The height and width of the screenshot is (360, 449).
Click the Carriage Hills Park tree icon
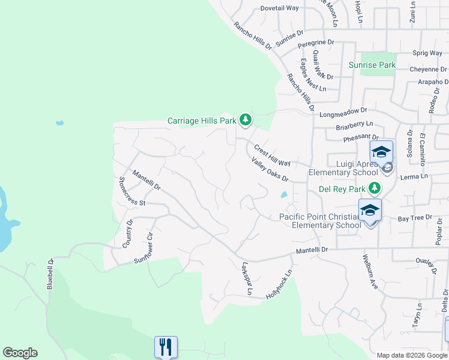tap(245, 121)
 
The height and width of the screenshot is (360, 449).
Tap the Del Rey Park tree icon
tap(374, 188)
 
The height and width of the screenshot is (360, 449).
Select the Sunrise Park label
tap(373, 65)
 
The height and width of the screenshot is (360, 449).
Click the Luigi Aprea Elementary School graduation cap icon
tap(381, 152)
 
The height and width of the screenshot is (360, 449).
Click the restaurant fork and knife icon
tap(166, 347)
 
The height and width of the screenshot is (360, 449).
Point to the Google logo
tap(20, 353)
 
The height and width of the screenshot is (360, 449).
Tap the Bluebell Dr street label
tap(50, 274)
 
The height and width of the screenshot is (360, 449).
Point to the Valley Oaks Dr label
tap(270, 170)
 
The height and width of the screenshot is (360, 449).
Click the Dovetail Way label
tap(279, 8)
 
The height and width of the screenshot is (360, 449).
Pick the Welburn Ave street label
tap(369, 272)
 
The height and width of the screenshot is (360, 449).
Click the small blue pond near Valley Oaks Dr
tap(283, 194)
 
